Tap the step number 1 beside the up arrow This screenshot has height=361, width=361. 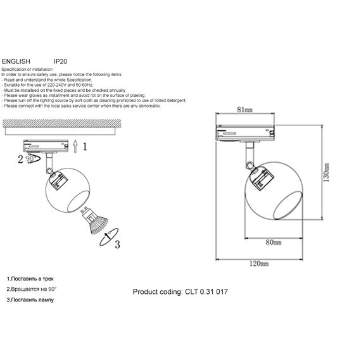(x=85, y=146)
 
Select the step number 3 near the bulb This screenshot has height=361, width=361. (x=117, y=246)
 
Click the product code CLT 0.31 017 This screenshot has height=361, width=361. (x=180, y=293)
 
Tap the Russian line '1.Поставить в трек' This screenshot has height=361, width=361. (x=30, y=279)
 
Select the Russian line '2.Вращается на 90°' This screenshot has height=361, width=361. (x=32, y=289)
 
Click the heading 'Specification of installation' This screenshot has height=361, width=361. (x=29, y=68)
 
